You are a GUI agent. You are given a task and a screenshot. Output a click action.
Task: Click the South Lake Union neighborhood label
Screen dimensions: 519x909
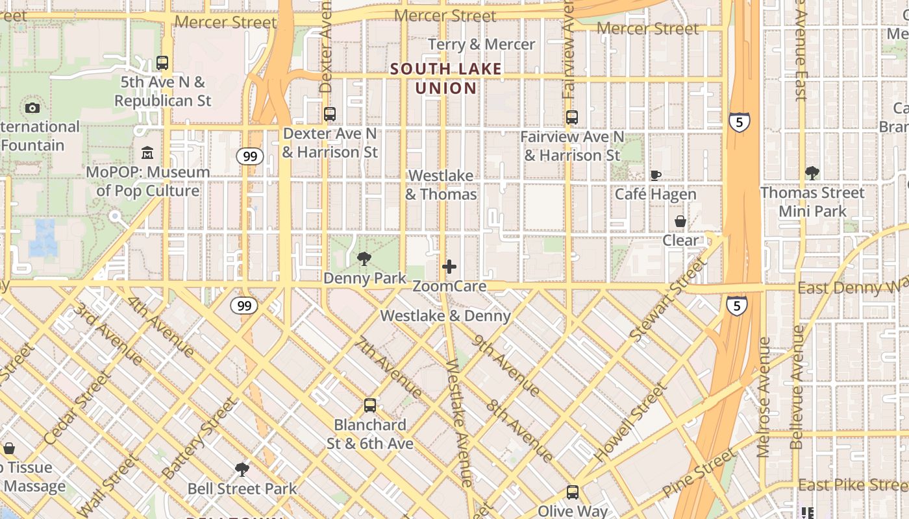coord(446,78)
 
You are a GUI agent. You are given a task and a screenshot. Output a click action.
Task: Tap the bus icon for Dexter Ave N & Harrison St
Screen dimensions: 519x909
coord(330,114)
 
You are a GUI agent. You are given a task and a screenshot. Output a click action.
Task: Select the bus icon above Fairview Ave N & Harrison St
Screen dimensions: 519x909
coord(572,117)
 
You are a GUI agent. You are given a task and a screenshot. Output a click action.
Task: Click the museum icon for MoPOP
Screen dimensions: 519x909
coord(147,153)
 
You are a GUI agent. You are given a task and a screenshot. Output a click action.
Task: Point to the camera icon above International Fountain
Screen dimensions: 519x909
coord(32,108)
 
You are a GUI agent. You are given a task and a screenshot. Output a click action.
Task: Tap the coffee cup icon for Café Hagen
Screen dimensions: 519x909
coord(656,175)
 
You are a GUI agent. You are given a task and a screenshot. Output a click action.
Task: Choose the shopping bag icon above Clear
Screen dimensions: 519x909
coord(680,221)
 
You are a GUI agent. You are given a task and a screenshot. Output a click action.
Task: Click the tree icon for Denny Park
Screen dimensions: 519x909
coord(364,259)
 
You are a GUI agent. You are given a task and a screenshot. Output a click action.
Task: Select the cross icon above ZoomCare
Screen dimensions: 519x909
coord(449,267)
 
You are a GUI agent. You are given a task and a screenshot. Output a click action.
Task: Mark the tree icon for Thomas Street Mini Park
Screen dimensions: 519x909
coord(812,173)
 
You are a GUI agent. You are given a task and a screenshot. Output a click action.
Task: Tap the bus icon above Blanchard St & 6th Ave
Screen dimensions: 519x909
coord(370,405)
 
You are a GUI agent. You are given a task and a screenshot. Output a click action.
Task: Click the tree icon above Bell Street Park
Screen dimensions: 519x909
coord(242,469)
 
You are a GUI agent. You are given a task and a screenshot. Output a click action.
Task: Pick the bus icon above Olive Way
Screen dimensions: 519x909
coord(572,492)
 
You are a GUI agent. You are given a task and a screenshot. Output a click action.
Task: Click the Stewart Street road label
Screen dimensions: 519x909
coord(667,298)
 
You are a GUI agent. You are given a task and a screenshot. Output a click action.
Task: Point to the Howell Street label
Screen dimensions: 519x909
coord(630,423)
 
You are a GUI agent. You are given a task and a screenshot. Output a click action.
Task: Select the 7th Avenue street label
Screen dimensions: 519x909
coord(389,367)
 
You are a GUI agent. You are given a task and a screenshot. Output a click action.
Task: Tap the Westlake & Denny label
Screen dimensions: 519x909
coord(445,316)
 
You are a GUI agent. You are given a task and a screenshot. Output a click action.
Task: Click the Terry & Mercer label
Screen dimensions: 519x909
coord(482,44)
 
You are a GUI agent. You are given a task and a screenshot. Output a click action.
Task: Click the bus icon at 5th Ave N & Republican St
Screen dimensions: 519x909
coord(162,63)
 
